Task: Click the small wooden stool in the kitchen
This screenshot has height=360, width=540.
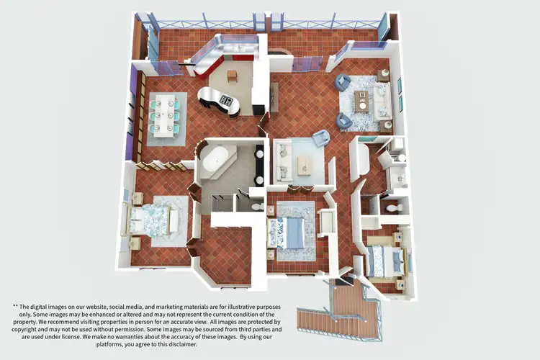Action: pyautogui.click(x=233, y=76)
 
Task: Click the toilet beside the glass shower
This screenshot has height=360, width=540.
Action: pyautogui.click(x=257, y=204)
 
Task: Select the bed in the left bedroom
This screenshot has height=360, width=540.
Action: pyautogui.click(x=153, y=220)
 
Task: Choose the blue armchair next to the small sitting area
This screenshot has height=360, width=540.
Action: pyautogui.click(x=320, y=138)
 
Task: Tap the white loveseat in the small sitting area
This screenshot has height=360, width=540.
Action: pyautogui.click(x=283, y=160)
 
